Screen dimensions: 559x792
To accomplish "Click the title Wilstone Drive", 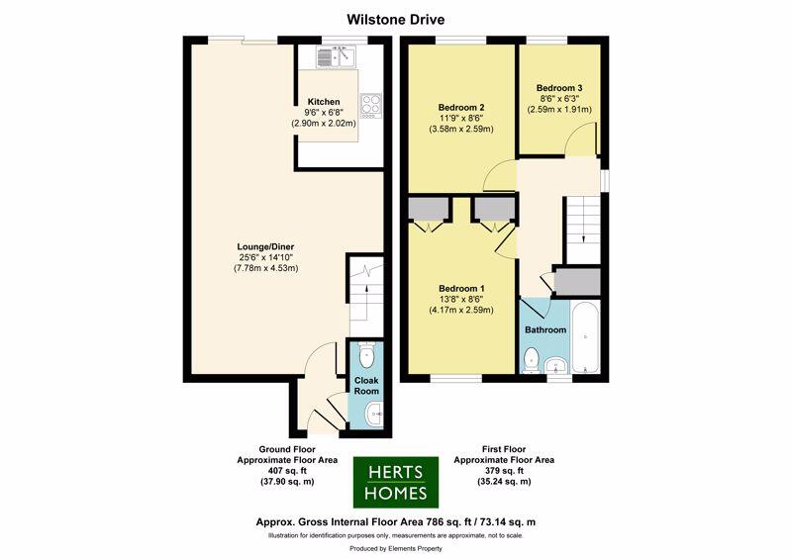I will click(x=395, y=19).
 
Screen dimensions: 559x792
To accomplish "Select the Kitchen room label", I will click(x=324, y=102).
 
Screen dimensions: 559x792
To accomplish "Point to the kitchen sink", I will click(x=338, y=55).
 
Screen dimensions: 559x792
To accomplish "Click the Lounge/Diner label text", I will click(x=265, y=246).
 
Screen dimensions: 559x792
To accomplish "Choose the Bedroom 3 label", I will click(x=559, y=88).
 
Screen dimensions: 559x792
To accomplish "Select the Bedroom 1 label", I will click(x=460, y=288).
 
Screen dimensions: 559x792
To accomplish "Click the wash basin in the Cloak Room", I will click(x=371, y=414).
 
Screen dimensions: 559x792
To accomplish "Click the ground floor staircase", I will click(x=365, y=291).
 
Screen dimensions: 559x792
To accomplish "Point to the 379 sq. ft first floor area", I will click(x=503, y=471).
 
